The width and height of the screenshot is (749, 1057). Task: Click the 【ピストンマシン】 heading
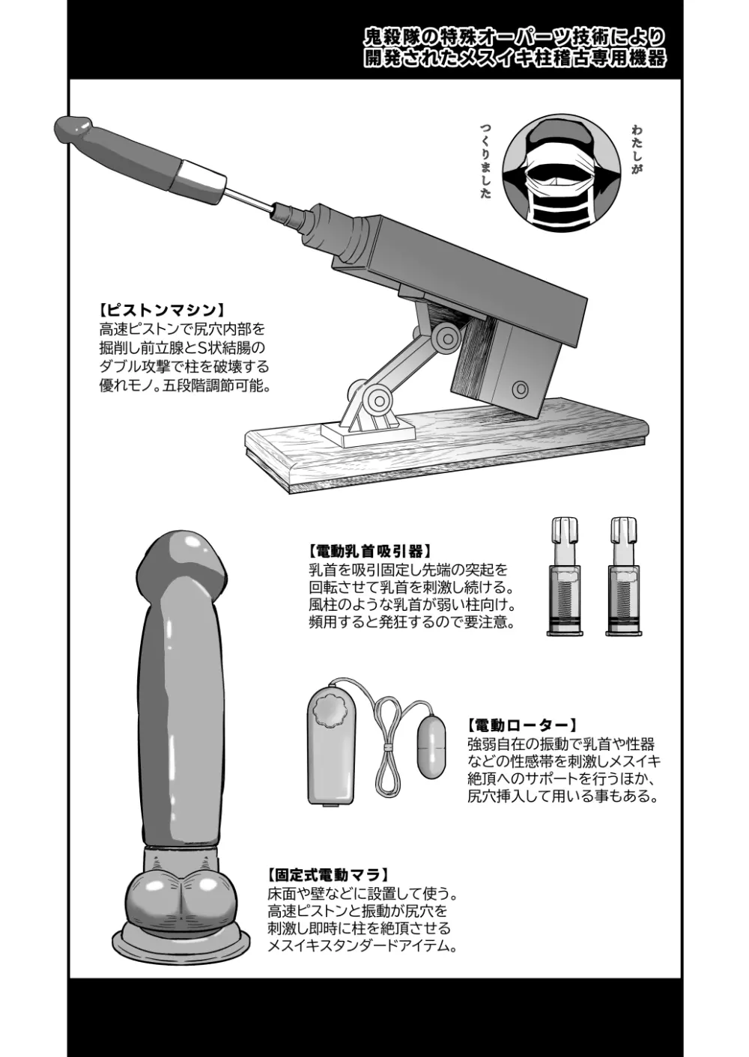[162, 310]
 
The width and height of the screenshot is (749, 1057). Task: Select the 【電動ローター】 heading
[521, 725]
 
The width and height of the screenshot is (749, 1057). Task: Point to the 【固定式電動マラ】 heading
[328, 874]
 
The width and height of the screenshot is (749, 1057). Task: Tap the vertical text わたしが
[637, 150]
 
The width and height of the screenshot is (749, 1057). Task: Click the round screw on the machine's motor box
[518, 390]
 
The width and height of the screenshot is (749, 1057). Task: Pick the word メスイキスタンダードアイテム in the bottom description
[362, 946]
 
